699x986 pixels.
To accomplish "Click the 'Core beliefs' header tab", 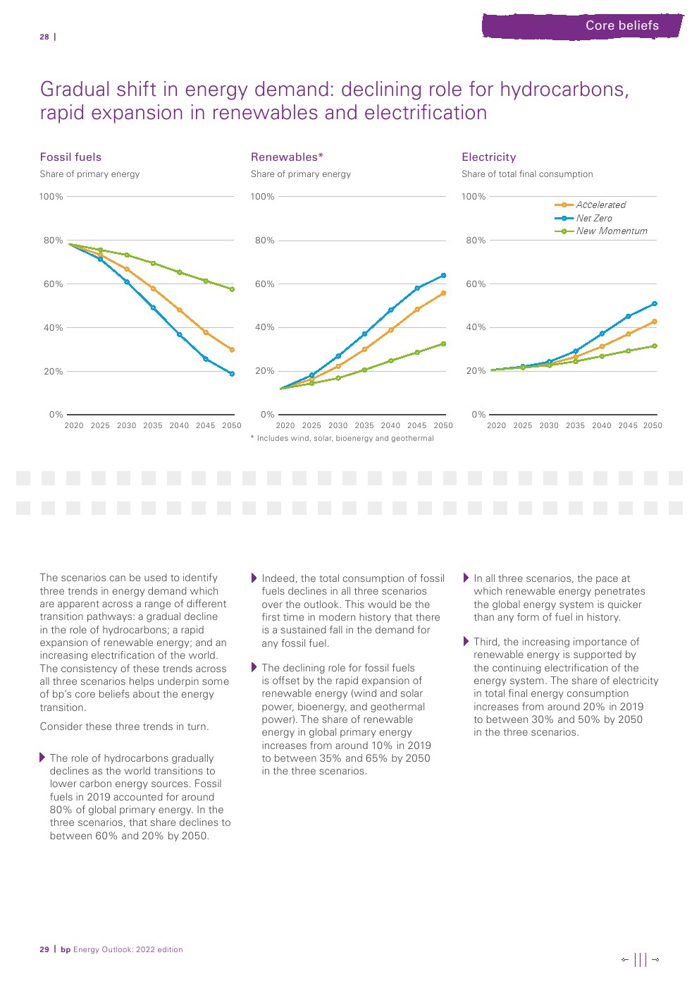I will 621,25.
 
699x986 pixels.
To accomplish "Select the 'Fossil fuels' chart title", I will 70,157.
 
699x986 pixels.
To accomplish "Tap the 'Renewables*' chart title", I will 287,157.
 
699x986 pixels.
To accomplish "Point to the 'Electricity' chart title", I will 488,157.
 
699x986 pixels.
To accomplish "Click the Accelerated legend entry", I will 600,205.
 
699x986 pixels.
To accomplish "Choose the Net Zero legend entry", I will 593,218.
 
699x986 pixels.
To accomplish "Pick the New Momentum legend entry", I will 611,231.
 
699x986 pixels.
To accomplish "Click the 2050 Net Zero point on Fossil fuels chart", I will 232,374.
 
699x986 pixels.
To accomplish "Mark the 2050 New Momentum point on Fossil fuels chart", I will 232,289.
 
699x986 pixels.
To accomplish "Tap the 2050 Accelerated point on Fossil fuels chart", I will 232,350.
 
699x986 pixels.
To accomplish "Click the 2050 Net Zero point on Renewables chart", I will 443,275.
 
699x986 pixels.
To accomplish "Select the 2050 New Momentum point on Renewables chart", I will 443,343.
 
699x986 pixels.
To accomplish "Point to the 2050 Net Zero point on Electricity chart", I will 655,304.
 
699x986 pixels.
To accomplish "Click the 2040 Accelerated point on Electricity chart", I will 602,346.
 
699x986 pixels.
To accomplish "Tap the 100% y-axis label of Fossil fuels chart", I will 51,197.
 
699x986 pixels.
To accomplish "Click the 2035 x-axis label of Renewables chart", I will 364,425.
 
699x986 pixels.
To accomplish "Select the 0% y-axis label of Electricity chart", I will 478,415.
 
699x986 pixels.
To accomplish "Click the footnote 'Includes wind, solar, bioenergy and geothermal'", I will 345,439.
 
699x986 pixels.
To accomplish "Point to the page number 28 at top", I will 44,37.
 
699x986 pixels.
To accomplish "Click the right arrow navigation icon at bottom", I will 655,959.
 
